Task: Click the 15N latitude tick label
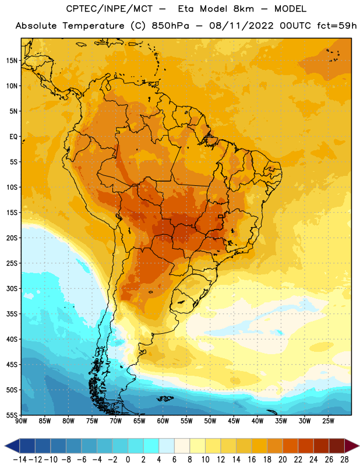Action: pos(12,61)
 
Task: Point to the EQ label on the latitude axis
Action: pos(13,137)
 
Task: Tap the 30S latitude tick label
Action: pos(12,288)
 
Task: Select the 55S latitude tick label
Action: pos(12,415)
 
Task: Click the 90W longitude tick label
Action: pos(21,421)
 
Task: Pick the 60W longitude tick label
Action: pos(163,421)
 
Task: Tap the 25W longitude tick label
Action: pos(328,421)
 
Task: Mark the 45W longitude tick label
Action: pos(234,421)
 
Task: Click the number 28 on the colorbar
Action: pos(344,460)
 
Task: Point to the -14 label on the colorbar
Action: pos(20,460)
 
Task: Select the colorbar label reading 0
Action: pos(128,460)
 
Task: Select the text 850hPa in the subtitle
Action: pos(170,26)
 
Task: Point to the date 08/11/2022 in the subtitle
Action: pos(241,26)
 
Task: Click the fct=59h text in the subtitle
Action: pos(337,26)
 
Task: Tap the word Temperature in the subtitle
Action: pos(93,26)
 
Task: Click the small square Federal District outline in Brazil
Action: pos(221,216)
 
